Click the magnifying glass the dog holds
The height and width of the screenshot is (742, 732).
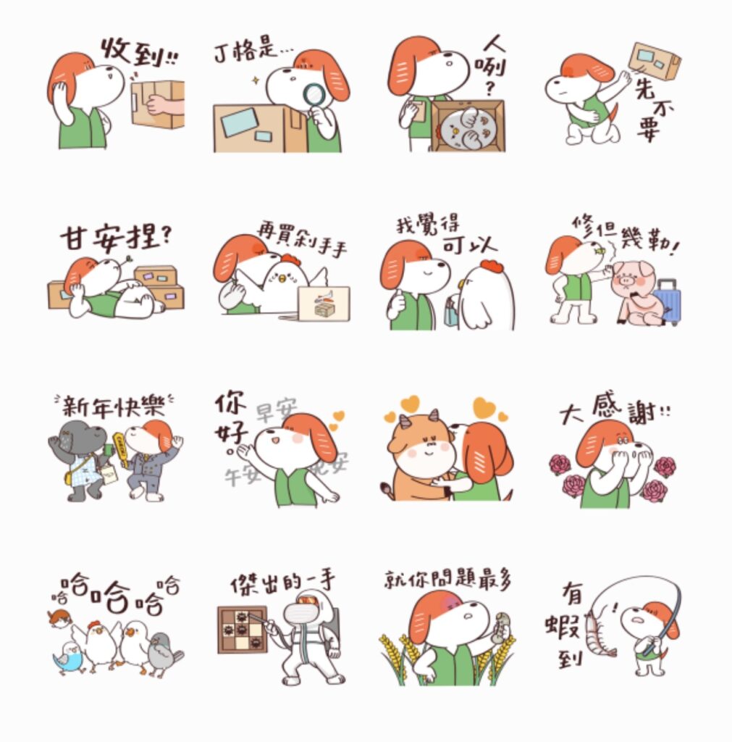click(x=314, y=95)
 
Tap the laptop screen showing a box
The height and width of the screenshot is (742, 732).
click(x=323, y=303)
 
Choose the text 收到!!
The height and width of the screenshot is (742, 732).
click(x=138, y=52)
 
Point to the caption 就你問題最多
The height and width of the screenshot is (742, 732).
click(x=447, y=580)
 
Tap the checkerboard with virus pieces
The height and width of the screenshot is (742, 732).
click(x=243, y=629)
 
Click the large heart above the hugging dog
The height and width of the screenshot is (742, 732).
click(x=484, y=408)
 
